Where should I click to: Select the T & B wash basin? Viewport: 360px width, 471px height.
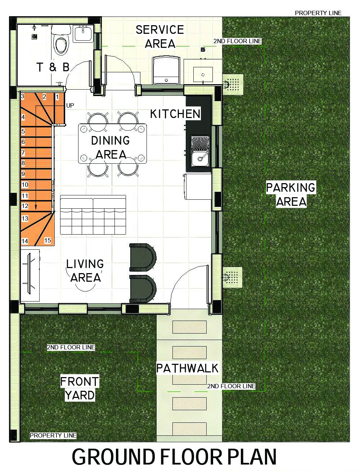pyautogui.click(x=84, y=33)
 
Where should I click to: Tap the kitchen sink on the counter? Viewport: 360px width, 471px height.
pyautogui.click(x=199, y=159)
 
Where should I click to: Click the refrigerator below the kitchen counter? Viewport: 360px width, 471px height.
pyautogui.click(x=198, y=186)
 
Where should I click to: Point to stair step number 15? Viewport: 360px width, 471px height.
pyautogui.click(x=48, y=240)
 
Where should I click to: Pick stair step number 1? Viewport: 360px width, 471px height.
pyautogui.click(x=57, y=97)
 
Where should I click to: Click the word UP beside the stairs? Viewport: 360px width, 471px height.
pyautogui.click(x=70, y=105)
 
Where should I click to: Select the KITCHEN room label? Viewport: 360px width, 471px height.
pyautogui.click(x=175, y=114)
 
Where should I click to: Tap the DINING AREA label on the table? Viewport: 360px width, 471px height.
pyautogui.click(x=111, y=147)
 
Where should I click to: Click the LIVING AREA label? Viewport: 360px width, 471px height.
pyautogui.click(x=85, y=271)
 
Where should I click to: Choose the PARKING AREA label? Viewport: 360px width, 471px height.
pyautogui.click(x=291, y=194)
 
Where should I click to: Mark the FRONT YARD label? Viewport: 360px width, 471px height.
pyautogui.click(x=80, y=388)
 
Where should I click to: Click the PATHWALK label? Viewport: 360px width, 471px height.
pyautogui.click(x=187, y=368)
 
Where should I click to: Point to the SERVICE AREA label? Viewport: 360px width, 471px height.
pyautogui.click(x=160, y=37)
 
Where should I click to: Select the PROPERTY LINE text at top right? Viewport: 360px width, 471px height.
pyautogui.click(x=318, y=13)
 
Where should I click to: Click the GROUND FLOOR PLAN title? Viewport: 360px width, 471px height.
pyautogui.click(x=174, y=457)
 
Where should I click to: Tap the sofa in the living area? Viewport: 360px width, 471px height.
pyautogui.click(x=93, y=216)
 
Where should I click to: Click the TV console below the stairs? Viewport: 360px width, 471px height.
pyautogui.click(x=30, y=276)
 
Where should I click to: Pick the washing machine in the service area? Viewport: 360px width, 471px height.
pyautogui.click(x=166, y=70)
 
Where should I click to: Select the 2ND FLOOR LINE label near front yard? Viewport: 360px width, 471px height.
pyautogui.click(x=71, y=347)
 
